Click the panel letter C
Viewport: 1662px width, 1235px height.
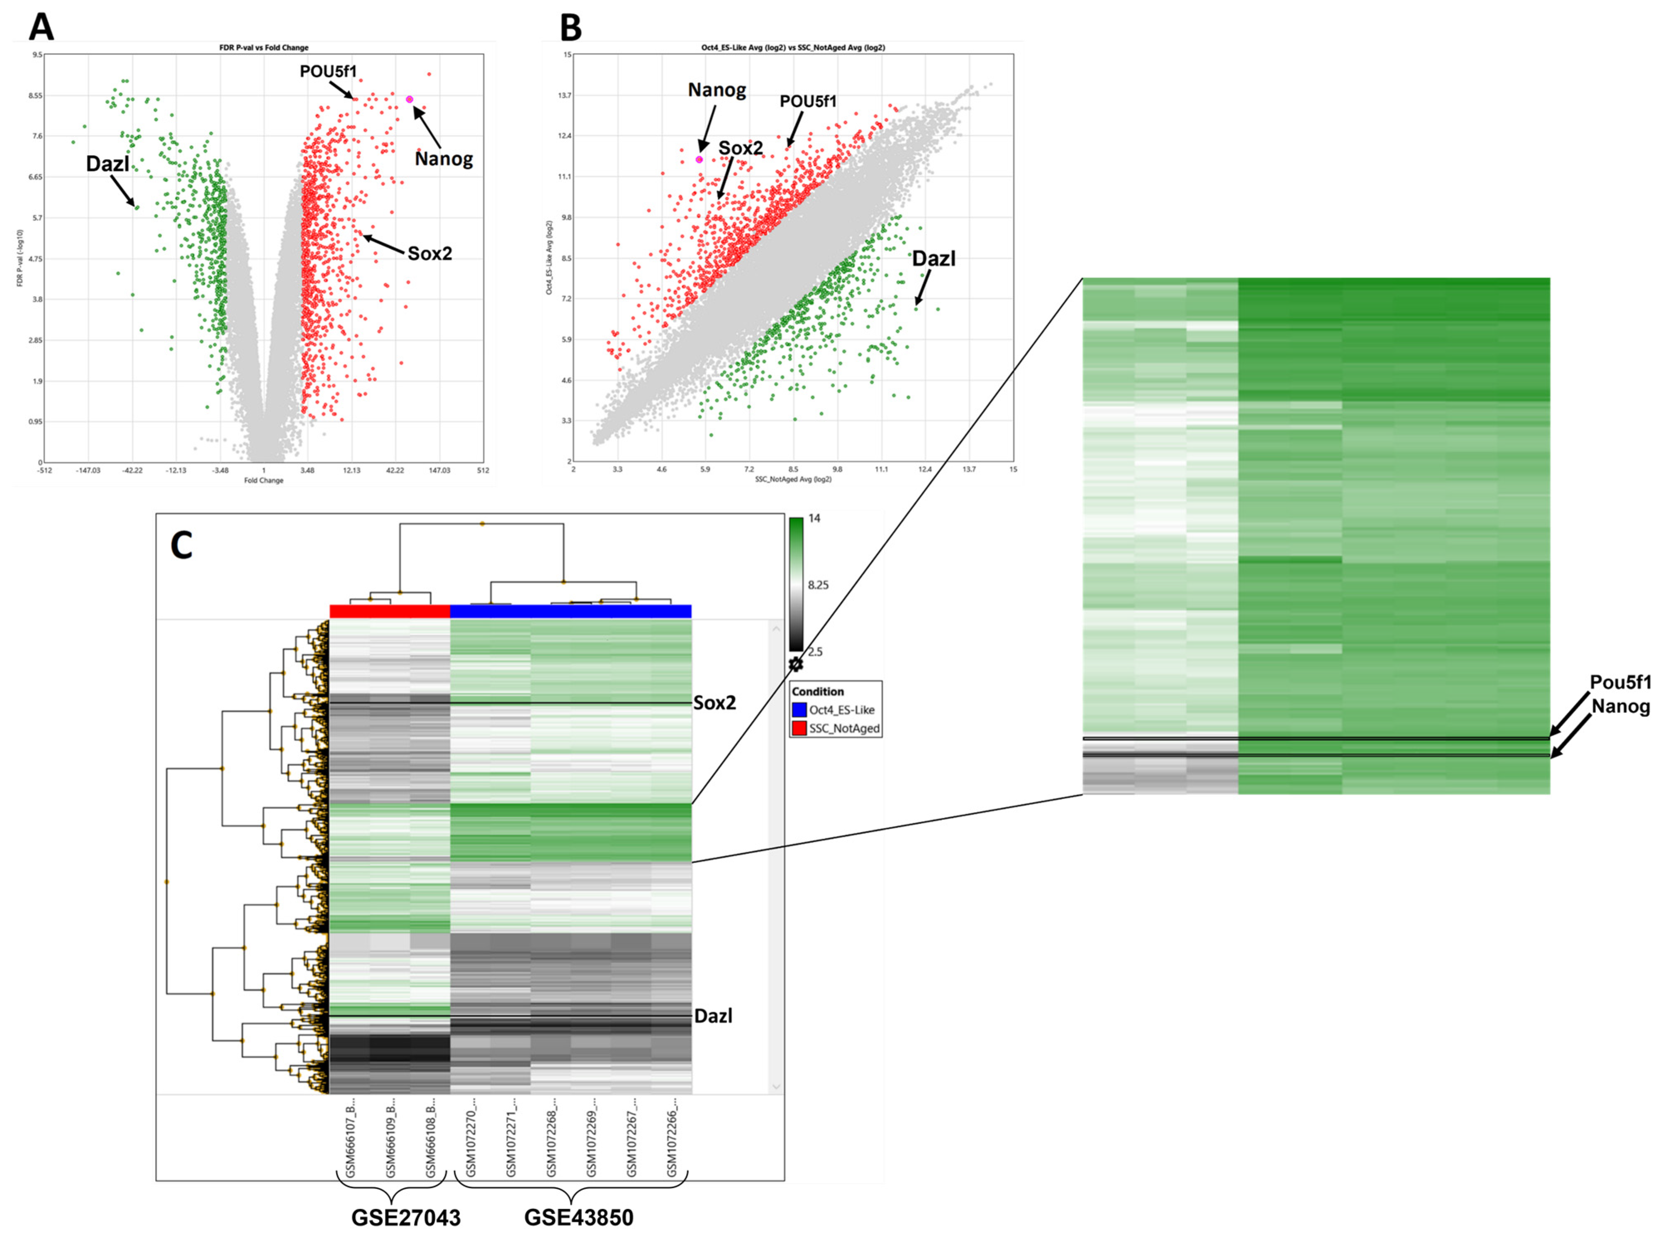182,546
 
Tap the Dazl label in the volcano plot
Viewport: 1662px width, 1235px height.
107,164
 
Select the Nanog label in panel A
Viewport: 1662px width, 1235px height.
444,159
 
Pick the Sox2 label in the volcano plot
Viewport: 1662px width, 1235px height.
430,254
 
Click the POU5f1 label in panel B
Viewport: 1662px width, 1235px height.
808,101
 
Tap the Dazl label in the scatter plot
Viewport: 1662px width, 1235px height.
933,259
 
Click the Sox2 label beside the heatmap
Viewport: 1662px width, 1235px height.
714,703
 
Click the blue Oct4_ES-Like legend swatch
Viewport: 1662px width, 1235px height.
799,710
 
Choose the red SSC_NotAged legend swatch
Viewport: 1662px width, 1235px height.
799,728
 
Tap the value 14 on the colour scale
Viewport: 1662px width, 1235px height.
814,518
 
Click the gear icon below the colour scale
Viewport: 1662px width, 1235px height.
796,664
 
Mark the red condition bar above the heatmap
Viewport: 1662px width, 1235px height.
389,611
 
